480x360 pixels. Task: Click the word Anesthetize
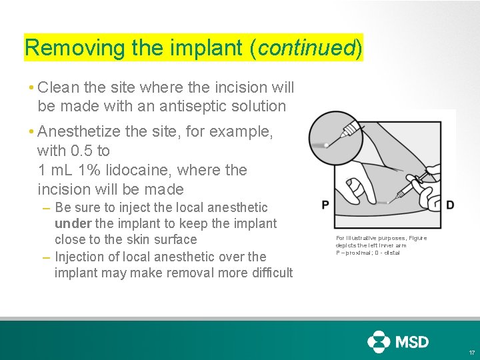79,131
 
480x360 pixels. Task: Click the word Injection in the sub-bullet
81,257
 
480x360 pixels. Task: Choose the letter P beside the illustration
325,205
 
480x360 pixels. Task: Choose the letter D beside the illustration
450,205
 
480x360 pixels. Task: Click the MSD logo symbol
379,341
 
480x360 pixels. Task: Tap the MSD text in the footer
413,342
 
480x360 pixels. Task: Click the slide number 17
471,352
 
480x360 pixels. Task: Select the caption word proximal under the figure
359,253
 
